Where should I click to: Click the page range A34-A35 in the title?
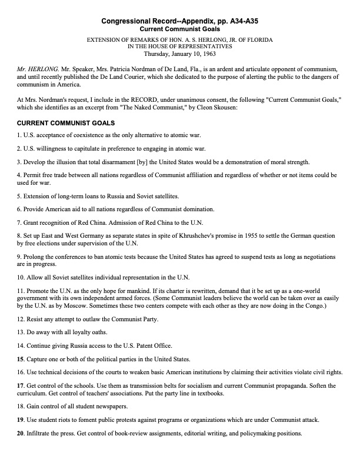point(238,21)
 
